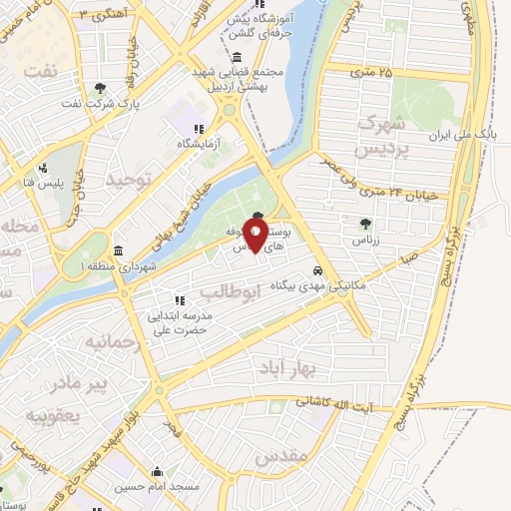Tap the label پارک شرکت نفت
click(x=101, y=103)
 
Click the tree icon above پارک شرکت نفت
click(x=101, y=88)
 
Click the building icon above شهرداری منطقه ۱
click(x=119, y=250)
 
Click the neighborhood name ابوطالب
click(x=230, y=291)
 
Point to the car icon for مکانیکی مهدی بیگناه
click(x=317, y=269)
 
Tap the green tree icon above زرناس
click(x=364, y=223)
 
